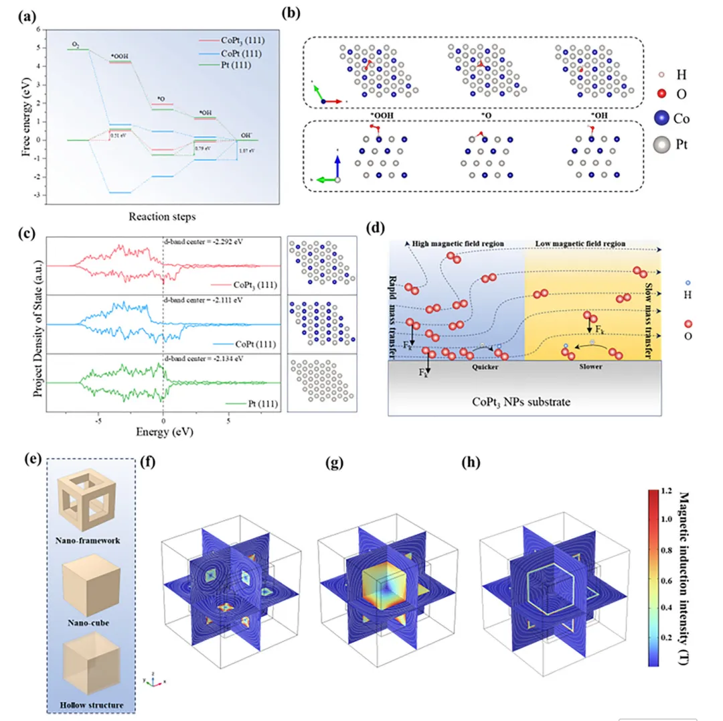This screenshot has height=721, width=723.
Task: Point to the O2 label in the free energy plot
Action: coord(76,45)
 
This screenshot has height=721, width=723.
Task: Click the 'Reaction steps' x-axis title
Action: coord(157,216)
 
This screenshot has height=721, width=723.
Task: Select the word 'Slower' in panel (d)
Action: coord(584,367)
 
